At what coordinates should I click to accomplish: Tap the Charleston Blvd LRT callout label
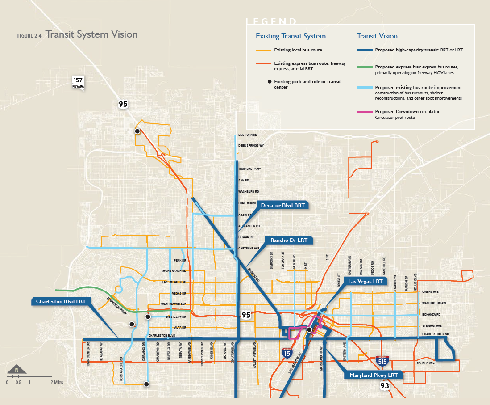61,301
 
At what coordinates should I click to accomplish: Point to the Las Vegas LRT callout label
365,281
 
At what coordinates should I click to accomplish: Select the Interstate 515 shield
381,360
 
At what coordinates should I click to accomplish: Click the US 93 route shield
384,385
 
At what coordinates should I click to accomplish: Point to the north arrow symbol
17,370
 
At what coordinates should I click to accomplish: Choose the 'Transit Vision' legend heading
377,36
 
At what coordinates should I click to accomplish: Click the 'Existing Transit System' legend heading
291,36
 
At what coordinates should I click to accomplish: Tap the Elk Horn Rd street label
248,135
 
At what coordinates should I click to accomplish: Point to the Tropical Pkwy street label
249,169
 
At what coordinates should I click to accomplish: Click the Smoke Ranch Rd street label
174,271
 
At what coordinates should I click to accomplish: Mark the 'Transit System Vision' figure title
91,34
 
